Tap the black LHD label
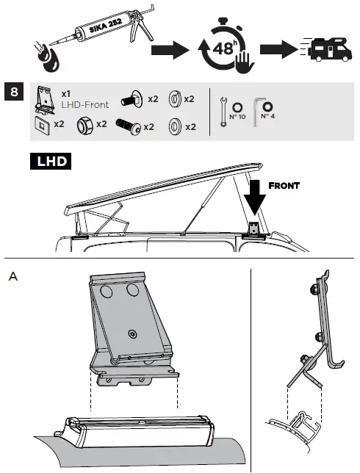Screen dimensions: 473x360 coord(49,161)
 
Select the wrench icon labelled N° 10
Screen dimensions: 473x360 coord(224,111)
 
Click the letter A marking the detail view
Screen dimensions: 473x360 coord(12,277)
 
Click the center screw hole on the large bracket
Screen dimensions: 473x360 coord(132,334)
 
